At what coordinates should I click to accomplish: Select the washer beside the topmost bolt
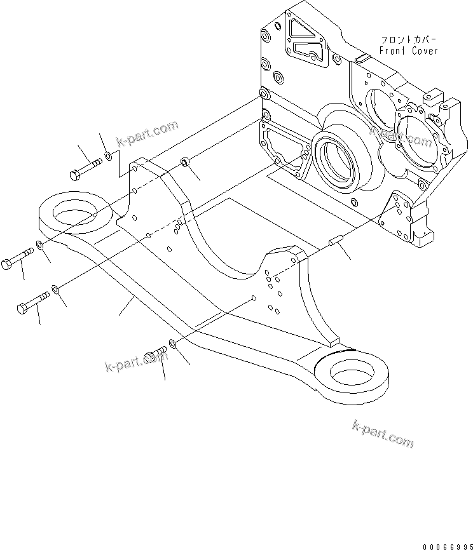pyautogui.click(x=109, y=155)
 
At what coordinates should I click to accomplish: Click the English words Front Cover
pyautogui.click(x=408, y=51)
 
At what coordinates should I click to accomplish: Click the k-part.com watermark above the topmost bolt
pyautogui.click(x=147, y=133)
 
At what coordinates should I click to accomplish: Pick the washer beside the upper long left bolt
pyautogui.click(x=41, y=246)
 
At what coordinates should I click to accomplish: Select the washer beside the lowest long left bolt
pyautogui.click(x=56, y=290)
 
